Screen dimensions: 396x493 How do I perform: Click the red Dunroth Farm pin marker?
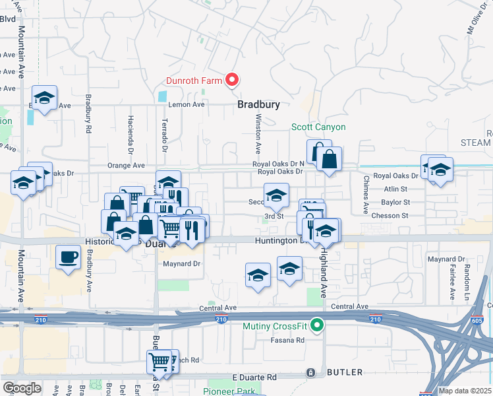tap(232, 80)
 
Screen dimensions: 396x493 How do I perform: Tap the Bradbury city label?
tap(259, 105)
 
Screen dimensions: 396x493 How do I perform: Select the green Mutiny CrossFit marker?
tap(317, 325)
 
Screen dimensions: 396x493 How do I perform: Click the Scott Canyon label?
tap(319, 127)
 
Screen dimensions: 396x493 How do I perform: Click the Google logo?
tap(22, 388)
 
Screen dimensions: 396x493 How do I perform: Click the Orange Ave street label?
tap(128, 166)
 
